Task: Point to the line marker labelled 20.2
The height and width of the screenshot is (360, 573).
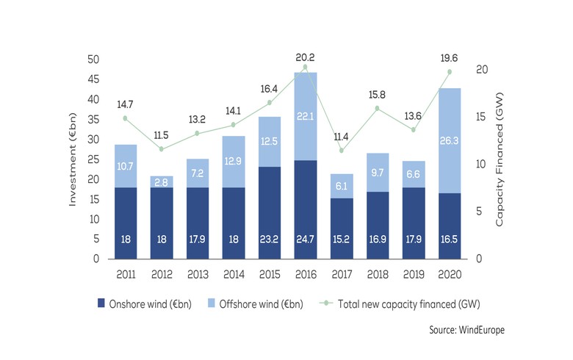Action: point(305,68)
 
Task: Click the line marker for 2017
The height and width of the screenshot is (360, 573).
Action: point(342,151)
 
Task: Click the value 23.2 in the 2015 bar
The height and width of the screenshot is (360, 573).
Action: point(270,239)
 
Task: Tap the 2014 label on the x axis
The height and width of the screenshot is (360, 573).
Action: point(234,276)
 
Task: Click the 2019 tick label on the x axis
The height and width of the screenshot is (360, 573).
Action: point(414,276)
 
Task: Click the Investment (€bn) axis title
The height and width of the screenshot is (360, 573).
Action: point(74,159)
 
